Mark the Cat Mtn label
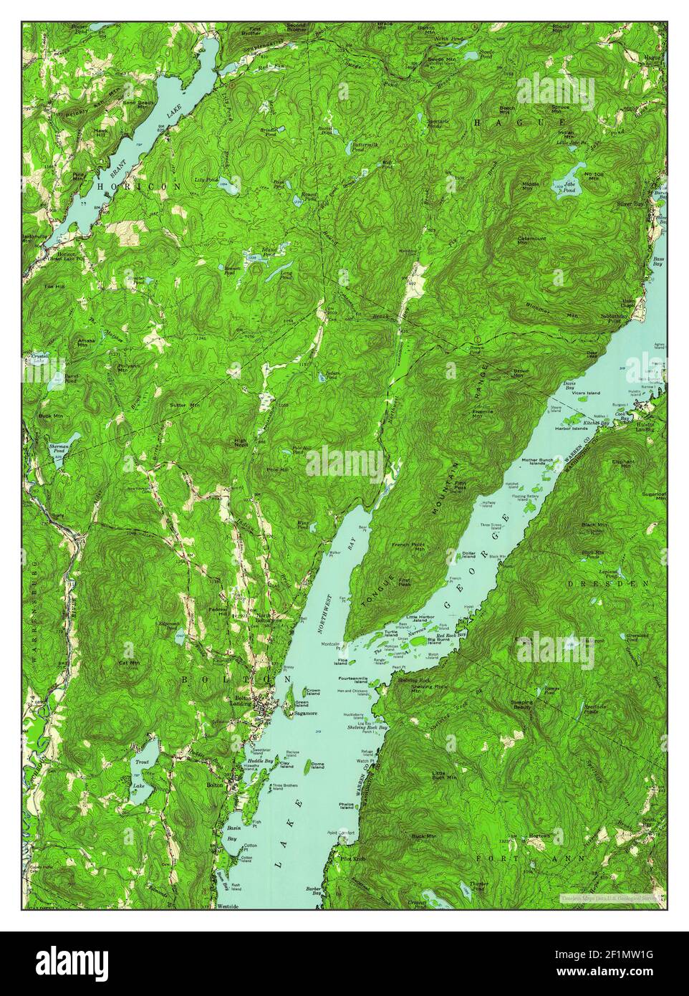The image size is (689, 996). [x=129, y=663]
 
